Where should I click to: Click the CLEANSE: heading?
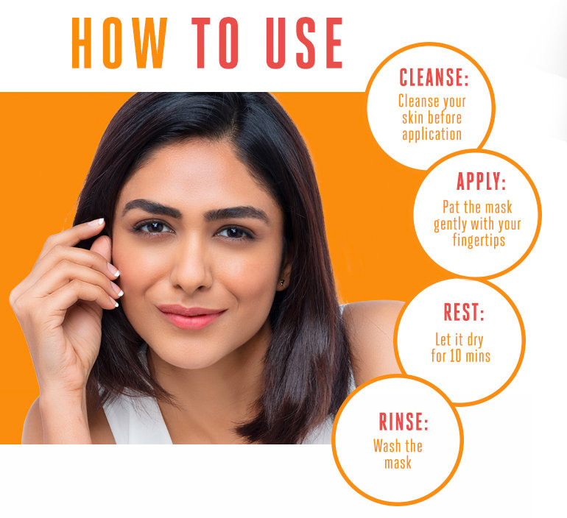(433, 77)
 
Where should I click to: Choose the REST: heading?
(463, 313)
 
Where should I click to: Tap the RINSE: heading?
(403, 422)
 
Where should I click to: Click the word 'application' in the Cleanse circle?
(432, 135)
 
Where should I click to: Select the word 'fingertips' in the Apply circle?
(482, 241)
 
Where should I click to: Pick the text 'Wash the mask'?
(398, 454)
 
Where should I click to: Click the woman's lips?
(190, 316)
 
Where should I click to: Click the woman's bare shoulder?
(372, 331)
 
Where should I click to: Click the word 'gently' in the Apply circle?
(451, 224)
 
